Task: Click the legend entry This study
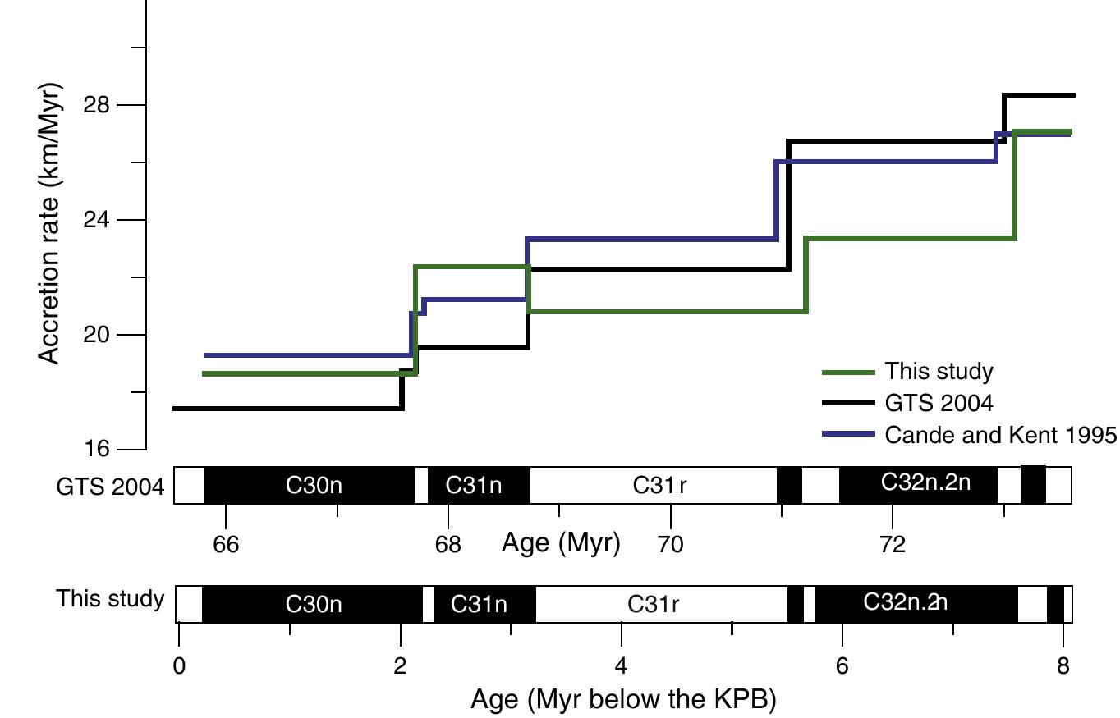[x=939, y=372]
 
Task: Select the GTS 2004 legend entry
[x=939, y=403]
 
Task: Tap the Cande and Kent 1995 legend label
[x=1001, y=435]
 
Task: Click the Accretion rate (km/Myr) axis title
[x=50, y=222]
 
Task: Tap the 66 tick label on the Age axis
[x=226, y=545]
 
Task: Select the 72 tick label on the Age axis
[x=893, y=545]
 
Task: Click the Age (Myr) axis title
[x=562, y=543]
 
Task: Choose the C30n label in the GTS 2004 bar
[x=314, y=486]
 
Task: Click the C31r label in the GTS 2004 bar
[x=659, y=486]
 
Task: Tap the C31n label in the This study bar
[x=480, y=606]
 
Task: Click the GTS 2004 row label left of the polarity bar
[x=110, y=487]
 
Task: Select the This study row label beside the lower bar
[x=110, y=599]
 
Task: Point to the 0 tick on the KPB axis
[x=179, y=665]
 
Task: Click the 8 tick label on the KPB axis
[x=1063, y=665]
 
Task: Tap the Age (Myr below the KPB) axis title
[x=623, y=700]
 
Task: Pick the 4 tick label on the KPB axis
[x=622, y=665]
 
